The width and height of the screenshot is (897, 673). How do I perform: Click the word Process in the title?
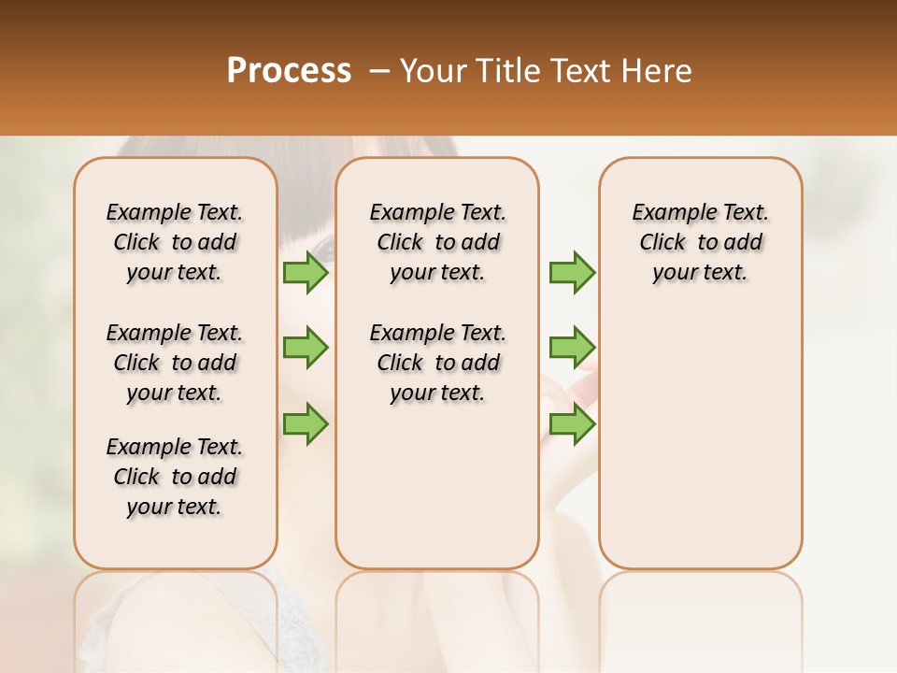(x=289, y=70)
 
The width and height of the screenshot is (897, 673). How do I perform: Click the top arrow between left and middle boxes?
(x=305, y=273)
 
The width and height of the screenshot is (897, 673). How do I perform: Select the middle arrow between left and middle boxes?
(x=305, y=348)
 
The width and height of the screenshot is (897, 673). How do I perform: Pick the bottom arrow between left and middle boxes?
(x=305, y=423)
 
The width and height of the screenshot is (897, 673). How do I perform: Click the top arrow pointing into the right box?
(x=572, y=273)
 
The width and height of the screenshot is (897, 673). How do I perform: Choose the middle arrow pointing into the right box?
(x=572, y=348)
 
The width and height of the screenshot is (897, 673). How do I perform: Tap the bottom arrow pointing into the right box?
(x=572, y=423)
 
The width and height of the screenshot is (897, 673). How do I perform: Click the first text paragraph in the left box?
(x=175, y=242)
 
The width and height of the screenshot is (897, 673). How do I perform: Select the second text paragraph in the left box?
(x=175, y=363)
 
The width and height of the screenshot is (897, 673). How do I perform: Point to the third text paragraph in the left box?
(x=175, y=477)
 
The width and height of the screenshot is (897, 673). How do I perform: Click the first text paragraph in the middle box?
(x=437, y=242)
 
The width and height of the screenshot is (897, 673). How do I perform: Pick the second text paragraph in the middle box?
(x=437, y=363)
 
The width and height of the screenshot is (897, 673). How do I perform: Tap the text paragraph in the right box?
(x=700, y=242)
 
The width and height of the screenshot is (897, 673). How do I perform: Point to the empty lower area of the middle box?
(x=437, y=486)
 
